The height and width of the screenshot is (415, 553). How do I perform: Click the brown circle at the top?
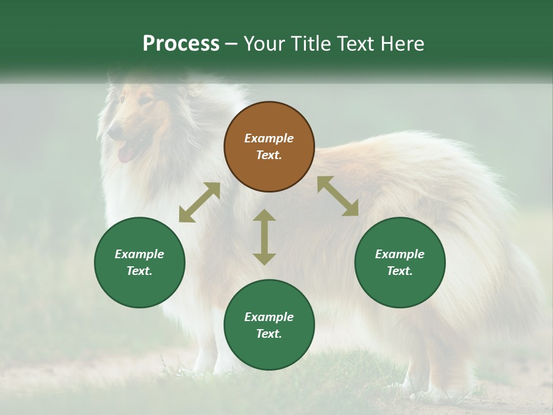269,146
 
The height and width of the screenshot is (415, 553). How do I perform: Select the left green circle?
139,262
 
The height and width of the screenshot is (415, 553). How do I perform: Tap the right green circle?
400,262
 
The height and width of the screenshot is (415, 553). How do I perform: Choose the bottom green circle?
269,325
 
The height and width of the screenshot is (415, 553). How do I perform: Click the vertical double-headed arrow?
264,237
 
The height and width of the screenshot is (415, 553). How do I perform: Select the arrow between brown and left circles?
199,202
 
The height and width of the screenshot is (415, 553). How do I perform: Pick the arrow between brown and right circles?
338,196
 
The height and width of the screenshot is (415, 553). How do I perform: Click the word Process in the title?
181,44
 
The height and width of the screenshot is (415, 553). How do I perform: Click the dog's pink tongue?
124,154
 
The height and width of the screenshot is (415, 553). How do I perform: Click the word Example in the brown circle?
269,138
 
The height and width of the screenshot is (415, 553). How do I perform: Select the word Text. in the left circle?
139,271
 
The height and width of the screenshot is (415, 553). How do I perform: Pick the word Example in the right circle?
400,254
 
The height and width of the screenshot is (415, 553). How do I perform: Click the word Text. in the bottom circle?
269,334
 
